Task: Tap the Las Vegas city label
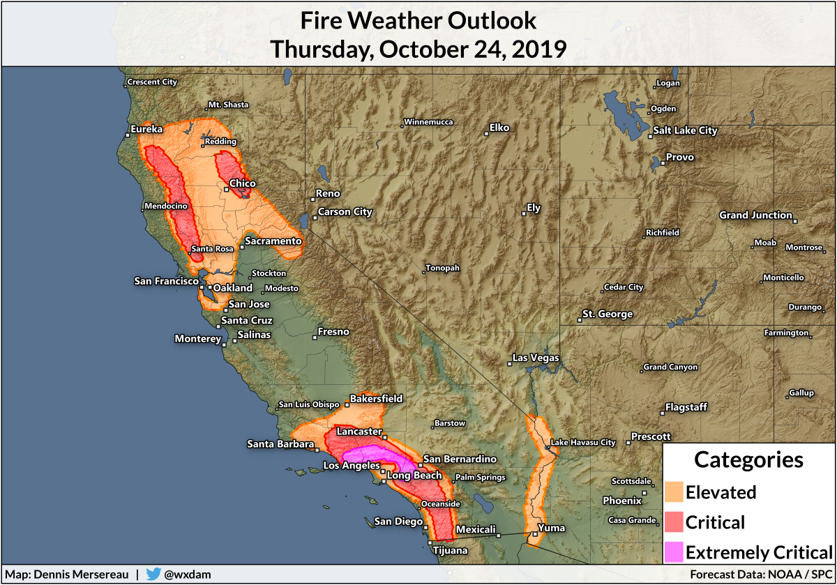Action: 536,358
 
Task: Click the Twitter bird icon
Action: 153,575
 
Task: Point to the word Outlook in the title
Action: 488,21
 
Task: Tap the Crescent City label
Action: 152,82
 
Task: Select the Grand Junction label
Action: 755,215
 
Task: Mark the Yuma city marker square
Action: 535,534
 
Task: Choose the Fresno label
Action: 333,332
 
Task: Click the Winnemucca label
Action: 429,122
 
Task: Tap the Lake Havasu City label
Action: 583,442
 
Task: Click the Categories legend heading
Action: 748,459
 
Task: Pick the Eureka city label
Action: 146,130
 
